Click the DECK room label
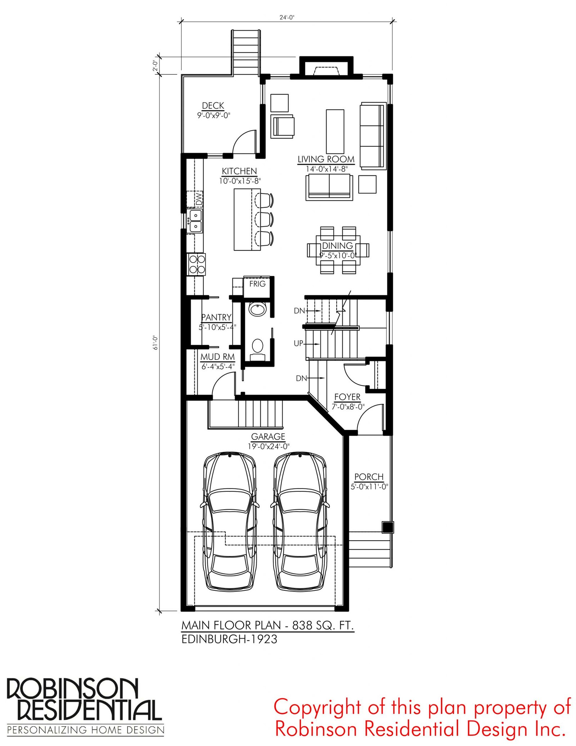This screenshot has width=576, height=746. point(213,106)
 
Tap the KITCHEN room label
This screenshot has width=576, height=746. point(239,171)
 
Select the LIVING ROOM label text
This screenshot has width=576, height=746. point(326,159)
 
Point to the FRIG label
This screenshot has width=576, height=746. point(257,284)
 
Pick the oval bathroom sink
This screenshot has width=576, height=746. point(257,309)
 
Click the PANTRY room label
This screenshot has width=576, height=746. point(216,317)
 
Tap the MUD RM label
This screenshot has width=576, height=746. point(217,357)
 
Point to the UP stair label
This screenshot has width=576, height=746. point(298,344)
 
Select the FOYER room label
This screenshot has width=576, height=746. point(347,397)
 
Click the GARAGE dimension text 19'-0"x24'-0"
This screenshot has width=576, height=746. point(269,447)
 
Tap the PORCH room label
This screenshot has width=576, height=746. point(369,477)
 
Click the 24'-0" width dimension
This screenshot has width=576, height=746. point(287,17)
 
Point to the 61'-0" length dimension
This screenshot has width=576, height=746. point(156,343)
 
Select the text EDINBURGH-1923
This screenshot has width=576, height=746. point(229,639)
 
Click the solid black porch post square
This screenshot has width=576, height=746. point(387,527)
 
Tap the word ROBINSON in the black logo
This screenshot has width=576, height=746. point(72,689)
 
